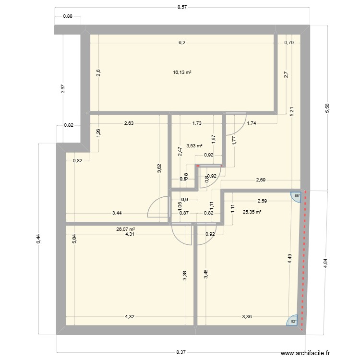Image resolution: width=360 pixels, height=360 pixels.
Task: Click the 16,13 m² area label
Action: point(182,72)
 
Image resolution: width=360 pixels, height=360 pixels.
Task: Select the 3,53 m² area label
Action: point(194,146)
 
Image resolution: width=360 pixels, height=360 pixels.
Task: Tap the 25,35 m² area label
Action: point(252,212)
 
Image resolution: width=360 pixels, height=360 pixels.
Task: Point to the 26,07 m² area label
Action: point(125,229)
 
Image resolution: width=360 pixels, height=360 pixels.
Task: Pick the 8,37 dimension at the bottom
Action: point(181,352)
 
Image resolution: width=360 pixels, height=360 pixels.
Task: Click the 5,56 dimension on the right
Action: point(327,109)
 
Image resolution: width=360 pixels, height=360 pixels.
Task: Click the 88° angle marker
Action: point(297,196)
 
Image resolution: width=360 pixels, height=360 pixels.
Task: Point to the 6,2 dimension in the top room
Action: point(182,43)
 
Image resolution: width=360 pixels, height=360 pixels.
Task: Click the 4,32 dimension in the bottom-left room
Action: point(130,316)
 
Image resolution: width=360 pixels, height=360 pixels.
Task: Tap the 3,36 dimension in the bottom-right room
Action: point(246,316)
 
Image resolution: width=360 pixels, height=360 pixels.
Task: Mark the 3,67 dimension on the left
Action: point(62,89)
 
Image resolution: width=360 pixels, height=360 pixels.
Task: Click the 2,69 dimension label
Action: point(261,180)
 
